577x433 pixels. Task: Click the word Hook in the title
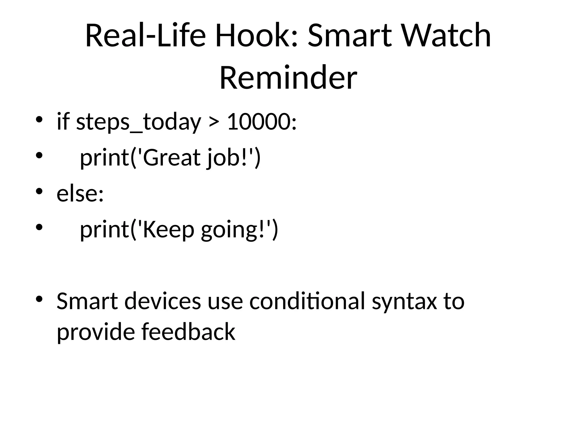[x=256, y=36]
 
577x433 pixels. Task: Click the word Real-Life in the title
[x=145, y=36]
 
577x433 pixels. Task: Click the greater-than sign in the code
[x=214, y=122]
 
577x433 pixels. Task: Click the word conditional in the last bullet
[x=307, y=301]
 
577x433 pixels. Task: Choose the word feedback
[x=188, y=332]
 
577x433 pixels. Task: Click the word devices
[x=163, y=301]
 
